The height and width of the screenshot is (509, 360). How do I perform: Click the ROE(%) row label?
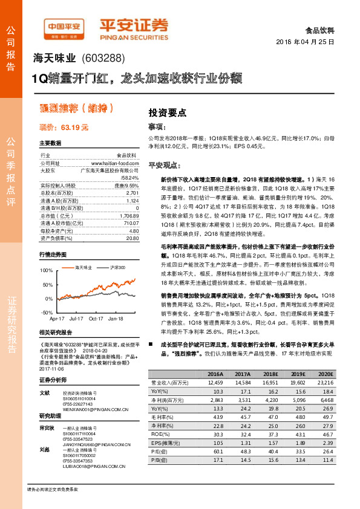(160, 434)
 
